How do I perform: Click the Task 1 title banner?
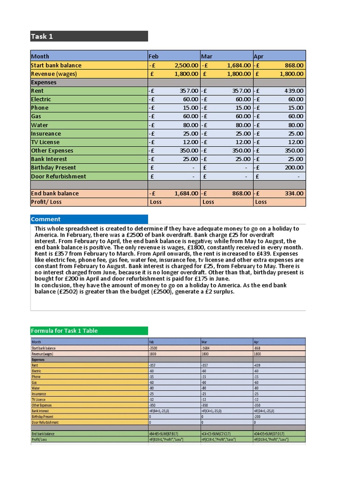[89, 37]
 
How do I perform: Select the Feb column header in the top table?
[173, 56]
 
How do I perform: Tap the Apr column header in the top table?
[279, 56]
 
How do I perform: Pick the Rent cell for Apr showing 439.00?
[279, 91]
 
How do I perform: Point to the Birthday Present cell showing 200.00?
[279, 168]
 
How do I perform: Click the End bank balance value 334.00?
[279, 193]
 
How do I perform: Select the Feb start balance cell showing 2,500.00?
[173, 65]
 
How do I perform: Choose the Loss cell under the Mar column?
[226, 202]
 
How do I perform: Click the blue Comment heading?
[89, 219]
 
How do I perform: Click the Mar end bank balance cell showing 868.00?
[226, 193]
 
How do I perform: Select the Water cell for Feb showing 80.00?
[173, 125]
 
